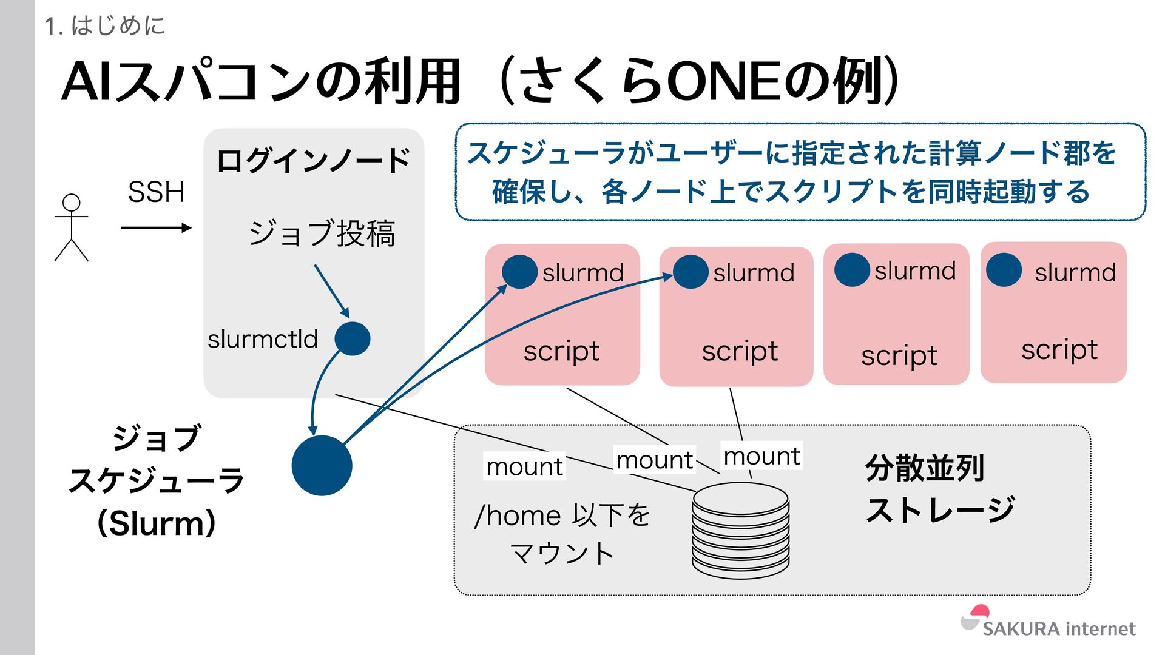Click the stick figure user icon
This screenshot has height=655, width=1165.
click(x=72, y=228)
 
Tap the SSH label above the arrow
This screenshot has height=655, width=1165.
click(x=156, y=192)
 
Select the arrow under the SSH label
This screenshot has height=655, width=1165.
click(x=156, y=228)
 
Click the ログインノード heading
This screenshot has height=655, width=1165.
click(x=313, y=161)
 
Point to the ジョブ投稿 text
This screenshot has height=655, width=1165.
click(x=322, y=233)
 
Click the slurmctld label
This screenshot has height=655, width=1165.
click(x=263, y=340)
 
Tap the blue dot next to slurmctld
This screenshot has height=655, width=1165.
click(x=353, y=338)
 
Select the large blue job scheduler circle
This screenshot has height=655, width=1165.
click(x=322, y=466)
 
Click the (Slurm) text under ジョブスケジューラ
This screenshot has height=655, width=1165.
click(x=157, y=523)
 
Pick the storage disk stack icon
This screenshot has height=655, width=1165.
click(x=741, y=530)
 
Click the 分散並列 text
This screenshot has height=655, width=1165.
click(x=924, y=468)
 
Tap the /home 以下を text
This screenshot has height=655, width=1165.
click(x=562, y=516)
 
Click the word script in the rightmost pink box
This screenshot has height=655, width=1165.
click(x=1059, y=350)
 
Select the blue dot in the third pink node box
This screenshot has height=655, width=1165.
click(x=852, y=270)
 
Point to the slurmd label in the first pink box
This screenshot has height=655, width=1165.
click(x=582, y=273)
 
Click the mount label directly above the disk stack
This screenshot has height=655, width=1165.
click(x=761, y=456)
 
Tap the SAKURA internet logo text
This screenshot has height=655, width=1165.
click(x=1058, y=629)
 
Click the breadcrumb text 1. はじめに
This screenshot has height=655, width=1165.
click(x=104, y=25)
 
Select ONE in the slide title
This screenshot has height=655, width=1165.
click(x=724, y=82)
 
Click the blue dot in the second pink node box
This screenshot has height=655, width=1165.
click(x=691, y=272)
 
